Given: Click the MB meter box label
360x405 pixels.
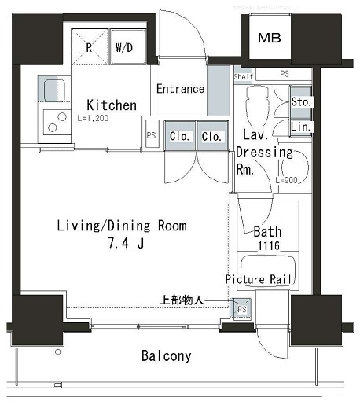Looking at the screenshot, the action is (270, 38).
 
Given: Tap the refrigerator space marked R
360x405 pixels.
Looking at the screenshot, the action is (90, 47).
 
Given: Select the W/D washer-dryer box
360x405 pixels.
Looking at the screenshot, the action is (128, 47).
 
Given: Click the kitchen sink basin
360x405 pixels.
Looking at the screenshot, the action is (54, 90).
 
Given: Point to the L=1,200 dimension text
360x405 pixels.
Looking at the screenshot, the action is (93, 118).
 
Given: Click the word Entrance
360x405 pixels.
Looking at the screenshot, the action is (180, 89).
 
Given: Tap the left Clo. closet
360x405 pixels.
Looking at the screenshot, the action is (180, 135).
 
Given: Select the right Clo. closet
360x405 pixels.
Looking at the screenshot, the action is (212, 135).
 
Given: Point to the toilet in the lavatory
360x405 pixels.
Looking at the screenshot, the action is (257, 106).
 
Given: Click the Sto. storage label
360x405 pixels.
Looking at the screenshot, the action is (301, 102).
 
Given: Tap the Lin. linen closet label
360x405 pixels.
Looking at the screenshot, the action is (300, 127).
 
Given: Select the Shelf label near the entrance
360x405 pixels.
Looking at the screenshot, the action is (244, 77).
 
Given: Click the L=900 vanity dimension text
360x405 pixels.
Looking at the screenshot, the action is (286, 180).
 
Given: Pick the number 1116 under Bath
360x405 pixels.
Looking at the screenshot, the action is (269, 245).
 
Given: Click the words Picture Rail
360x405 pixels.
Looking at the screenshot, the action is (259, 279).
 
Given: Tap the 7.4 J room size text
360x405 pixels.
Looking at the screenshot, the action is (126, 243).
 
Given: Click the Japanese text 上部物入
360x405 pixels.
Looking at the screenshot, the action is (182, 300).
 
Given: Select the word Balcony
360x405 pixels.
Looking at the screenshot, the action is (167, 356).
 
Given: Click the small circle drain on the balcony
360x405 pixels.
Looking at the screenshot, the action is (58, 352).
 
